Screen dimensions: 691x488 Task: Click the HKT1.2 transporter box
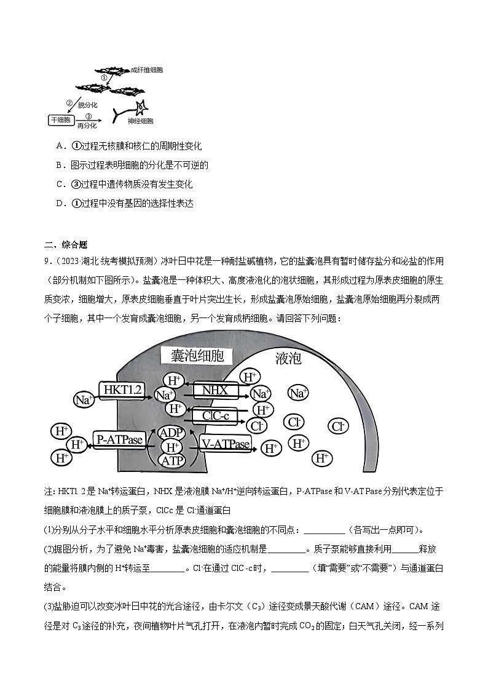[x=123, y=389]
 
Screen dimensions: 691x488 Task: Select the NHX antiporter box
[x=216, y=390]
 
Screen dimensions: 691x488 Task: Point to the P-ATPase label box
[x=119, y=439]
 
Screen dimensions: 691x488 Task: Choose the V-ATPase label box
[x=226, y=443]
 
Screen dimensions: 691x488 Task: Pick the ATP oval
[x=172, y=460]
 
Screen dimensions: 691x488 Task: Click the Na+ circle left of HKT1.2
[x=83, y=399]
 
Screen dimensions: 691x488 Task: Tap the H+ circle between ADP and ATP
[x=172, y=446]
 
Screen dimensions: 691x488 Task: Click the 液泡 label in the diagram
[x=288, y=358]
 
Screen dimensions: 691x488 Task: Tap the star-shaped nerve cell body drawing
[x=141, y=109]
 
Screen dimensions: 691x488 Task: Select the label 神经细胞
[x=140, y=122]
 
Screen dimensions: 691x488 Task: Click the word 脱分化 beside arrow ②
[x=88, y=105]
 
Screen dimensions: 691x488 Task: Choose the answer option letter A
[x=60, y=146]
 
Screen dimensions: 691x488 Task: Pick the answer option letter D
[x=60, y=204]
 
